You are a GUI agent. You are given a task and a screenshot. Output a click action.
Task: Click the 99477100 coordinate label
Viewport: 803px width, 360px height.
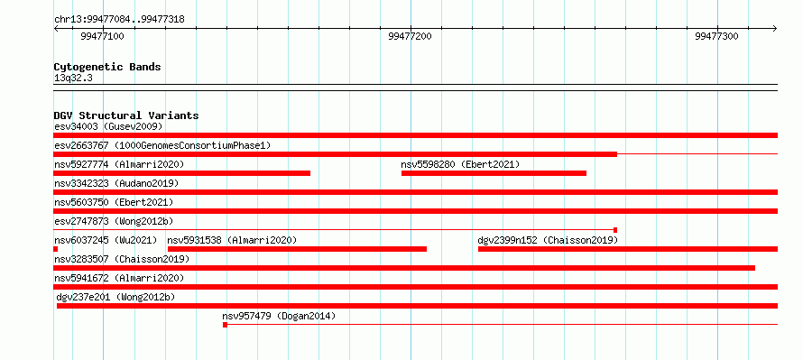(102, 36)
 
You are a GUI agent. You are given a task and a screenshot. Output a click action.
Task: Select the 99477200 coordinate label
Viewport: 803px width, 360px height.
(410, 36)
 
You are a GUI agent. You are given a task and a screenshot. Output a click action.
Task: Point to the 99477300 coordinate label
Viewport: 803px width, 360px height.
(716, 36)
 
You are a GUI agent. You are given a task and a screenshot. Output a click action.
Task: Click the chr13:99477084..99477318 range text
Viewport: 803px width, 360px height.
(119, 20)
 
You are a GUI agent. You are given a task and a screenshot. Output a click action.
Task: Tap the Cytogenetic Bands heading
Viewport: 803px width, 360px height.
(107, 67)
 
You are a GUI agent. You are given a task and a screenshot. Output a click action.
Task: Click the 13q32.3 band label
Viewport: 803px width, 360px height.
(73, 78)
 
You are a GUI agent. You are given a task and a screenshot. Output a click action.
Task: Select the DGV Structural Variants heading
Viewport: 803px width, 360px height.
(126, 115)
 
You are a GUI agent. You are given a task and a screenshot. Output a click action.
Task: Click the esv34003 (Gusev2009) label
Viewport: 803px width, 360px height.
(108, 126)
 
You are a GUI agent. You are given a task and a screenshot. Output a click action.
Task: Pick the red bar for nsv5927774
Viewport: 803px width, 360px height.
(181, 173)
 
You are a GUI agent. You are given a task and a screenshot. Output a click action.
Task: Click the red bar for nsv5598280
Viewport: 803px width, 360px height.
(494, 173)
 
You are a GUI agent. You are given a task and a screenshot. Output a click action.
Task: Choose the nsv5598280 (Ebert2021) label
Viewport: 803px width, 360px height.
(460, 164)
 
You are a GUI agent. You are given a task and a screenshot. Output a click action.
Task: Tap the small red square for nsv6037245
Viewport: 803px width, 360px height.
(55, 249)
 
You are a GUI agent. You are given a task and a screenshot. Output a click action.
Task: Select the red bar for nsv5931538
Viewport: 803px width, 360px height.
(297, 249)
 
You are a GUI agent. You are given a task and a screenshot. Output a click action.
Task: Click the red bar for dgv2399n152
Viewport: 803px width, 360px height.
(628, 249)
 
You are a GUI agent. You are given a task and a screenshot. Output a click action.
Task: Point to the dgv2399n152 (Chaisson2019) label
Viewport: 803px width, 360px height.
(548, 240)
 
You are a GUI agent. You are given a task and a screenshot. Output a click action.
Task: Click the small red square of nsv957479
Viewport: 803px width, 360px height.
(225, 325)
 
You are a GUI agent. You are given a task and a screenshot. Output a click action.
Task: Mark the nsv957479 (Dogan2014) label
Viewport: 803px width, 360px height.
(279, 316)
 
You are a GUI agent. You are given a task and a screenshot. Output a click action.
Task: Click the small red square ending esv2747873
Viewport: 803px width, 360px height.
(615, 230)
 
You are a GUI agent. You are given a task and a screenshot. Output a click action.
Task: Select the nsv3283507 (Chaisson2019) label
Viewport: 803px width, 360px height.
(122, 259)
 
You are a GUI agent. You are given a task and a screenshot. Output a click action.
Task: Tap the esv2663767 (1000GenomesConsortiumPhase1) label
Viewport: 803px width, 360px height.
(162, 145)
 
